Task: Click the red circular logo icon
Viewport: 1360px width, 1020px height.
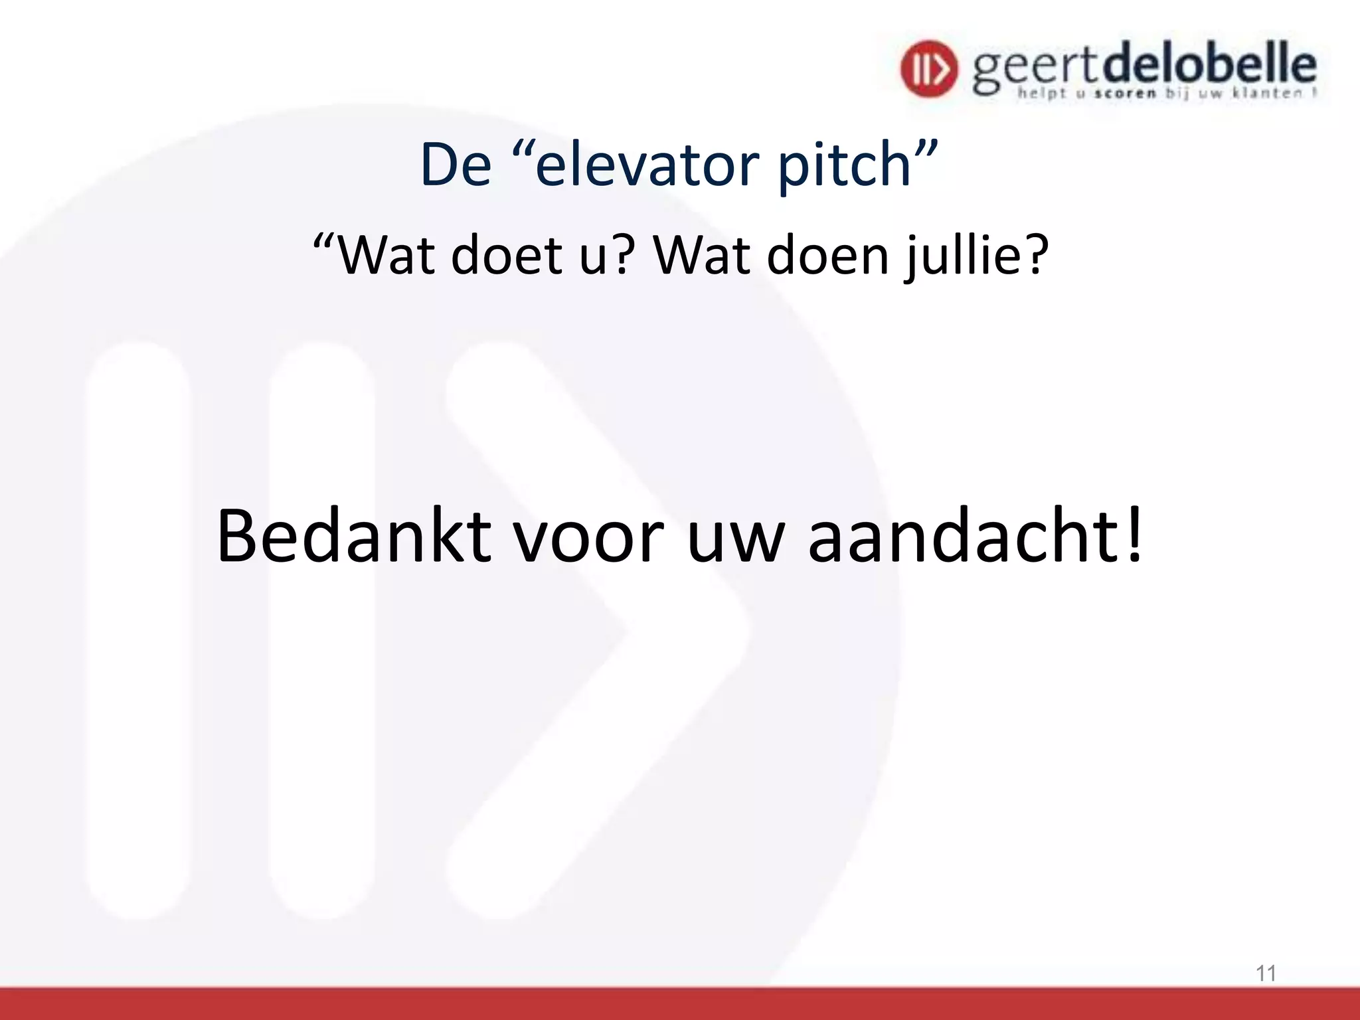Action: (929, 68)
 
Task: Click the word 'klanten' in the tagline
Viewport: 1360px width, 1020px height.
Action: (1267, 94)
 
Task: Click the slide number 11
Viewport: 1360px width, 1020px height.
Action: (1266, 974)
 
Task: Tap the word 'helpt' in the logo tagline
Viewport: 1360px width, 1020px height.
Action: (1042, 94)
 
